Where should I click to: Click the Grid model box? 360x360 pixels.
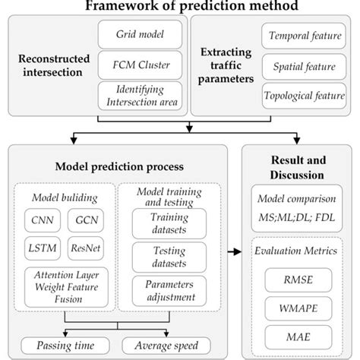(x=141, y=34)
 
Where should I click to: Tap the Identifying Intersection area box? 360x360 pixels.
(x=141, y=96)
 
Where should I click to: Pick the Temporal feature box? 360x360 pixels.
(x=302, y=35)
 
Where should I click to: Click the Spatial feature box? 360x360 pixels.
(x=302, y=65)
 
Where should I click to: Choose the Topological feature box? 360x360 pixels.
(x=302, y=96)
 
